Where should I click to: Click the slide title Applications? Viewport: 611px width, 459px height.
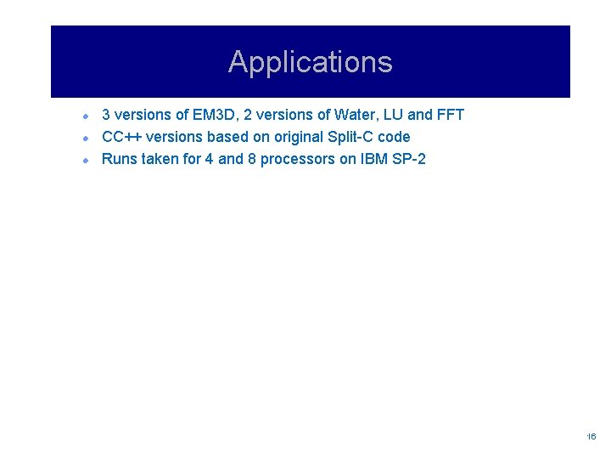[310, 62]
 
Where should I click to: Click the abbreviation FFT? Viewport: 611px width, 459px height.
[449, 115]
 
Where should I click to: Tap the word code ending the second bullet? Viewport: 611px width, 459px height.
[393, 137]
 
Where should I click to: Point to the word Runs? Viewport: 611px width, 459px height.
[118, 159]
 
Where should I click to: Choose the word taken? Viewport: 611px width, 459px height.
[159, 159]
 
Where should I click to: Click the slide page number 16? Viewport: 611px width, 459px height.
[591, 436]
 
